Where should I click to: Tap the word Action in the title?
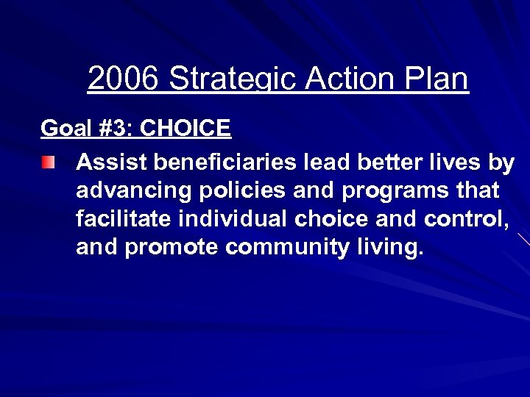(349, 79)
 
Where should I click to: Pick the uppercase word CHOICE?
(185, 129)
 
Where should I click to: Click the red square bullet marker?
(47, 162)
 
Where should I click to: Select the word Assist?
(110, 162)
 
